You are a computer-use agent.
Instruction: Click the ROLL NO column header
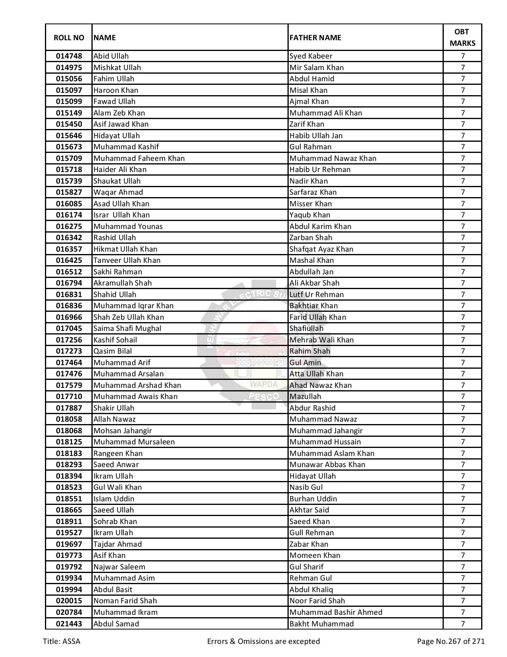tap(69, 38)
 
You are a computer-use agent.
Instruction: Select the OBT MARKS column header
tap(462, 37)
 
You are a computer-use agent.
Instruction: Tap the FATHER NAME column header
tap(315, 38)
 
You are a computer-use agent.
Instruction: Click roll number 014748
tap(69, 56)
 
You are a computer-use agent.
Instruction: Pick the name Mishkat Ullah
tap(117, 68)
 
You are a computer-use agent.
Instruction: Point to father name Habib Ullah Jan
tap(316, 136)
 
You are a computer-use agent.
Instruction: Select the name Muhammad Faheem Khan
tap(139, 158)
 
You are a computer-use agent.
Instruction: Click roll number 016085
tap(69, 204)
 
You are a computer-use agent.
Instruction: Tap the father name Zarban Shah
tap(311, 238)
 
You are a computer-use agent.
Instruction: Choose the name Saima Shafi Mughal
tap(127, 328)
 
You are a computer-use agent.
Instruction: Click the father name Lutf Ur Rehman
tap(317, 295)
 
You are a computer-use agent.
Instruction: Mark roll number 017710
tap(69, 397)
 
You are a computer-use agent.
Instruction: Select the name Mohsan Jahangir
tap(122, 431)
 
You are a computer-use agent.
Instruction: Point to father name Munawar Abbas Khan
tap(327, 465)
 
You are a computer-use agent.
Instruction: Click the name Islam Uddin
tap(114, 499)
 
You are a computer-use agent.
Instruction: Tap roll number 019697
tap(69, 544)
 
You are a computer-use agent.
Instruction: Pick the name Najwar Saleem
tap(119, 567)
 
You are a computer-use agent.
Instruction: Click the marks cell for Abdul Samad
tap(462, 624)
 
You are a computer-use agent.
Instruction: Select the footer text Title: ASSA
tap(62, 641)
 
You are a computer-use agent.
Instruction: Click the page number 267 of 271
tap(451, 641)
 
